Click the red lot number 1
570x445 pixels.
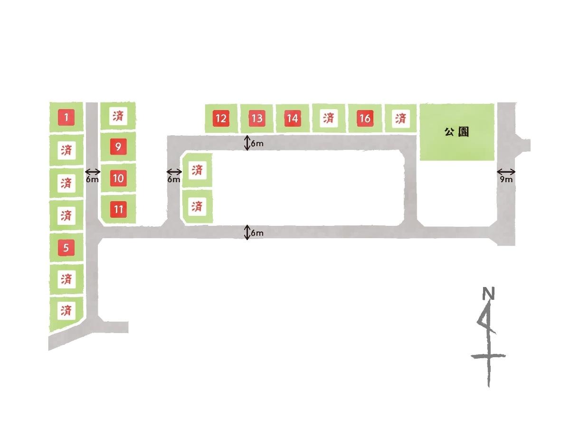click(66, 117)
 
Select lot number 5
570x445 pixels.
click(66, 248)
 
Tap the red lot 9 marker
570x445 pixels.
click(118, 147)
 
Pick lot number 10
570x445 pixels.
click(118, 178)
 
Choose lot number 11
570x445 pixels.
click(118, 209)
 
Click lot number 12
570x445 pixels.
click(221, 119)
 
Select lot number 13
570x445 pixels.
click(257, 119)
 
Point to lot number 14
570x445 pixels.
click(293, 119)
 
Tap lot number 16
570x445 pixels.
click(365, 119)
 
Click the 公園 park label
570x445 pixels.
click(456, 132)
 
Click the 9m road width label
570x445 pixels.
click(506, 179)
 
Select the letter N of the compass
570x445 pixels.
click(488, 293)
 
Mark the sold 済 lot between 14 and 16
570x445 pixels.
click(328, 119)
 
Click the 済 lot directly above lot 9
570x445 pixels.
click(118, 116)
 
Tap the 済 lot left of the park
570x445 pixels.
click(401, 119)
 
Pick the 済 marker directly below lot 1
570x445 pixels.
click(66, 150)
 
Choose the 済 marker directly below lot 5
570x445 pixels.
click(66, 279)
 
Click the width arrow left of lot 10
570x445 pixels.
click(93, 172)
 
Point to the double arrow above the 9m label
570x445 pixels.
click(506, 172)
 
